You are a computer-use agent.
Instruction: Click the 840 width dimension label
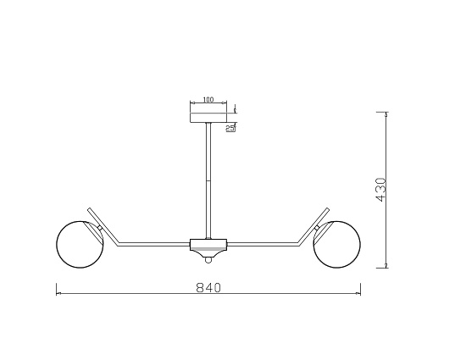[x=208, y=287]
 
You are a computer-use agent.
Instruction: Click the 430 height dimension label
[x=380, y=190]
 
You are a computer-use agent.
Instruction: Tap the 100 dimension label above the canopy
[x=208, y=99]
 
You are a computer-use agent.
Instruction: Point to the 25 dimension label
[x=230, y=128]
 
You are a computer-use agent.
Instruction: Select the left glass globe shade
[x=80, y=245]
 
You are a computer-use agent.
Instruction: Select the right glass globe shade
[x=336, y=245]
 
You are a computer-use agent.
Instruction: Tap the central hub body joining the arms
[x=208, y=247]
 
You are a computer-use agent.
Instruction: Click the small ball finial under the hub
[x=208, y=260]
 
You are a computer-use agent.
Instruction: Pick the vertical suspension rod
[x=208, y=181]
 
